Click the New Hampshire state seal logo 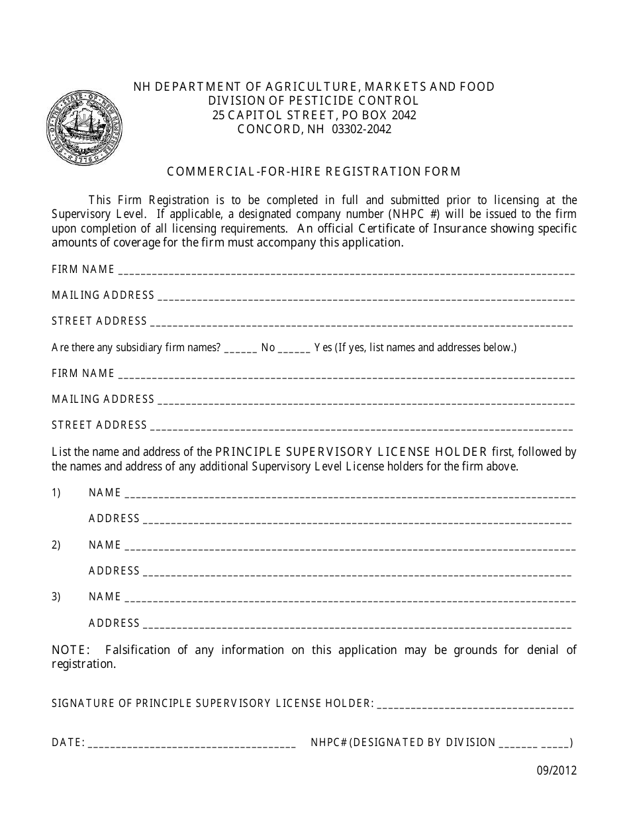[75, 127]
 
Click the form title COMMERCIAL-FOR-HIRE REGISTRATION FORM [314, 172]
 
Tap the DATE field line [191, 744]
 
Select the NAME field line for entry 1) [350, 494]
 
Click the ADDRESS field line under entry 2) [357, 572]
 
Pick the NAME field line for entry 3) [350, 598]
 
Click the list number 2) [56, 545]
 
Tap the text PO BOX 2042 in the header [385, 115]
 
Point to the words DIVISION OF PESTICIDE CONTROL [313, 101]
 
